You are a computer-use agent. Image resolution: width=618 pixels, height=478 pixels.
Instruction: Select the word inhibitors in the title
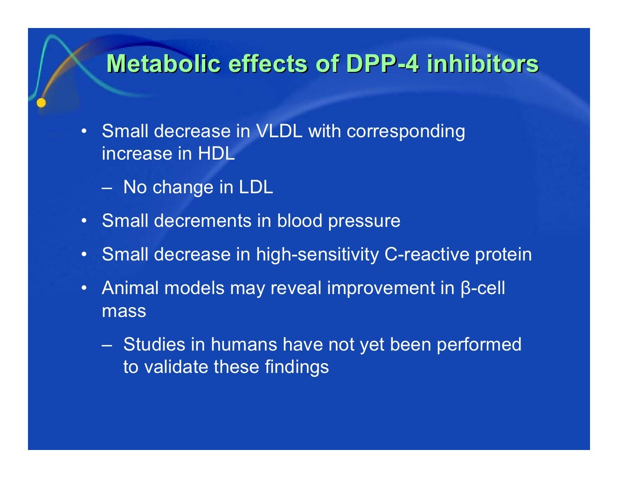click(x=483, y=64)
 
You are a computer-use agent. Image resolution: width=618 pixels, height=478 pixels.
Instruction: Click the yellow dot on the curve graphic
click(x=42, y=103)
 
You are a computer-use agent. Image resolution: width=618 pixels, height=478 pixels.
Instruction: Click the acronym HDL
click(x=216, y=154)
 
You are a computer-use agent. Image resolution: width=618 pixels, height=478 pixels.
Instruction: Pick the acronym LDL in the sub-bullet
click(x=256, y=187)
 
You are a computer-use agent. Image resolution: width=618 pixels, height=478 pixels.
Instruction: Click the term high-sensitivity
click(x=317, y=254)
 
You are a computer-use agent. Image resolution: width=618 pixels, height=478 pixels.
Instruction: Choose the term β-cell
click(x=483, y=288)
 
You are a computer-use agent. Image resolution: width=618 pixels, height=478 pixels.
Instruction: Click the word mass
click(x=124, y=311)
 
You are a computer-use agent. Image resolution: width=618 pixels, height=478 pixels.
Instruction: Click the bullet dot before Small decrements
click(x=83, y=220)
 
